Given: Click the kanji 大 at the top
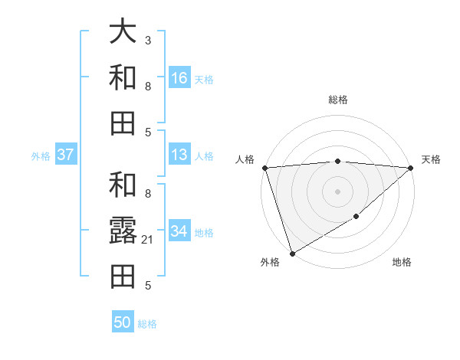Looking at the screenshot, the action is (x=123, y=32).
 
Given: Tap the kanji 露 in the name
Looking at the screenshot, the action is (x=123, y=230).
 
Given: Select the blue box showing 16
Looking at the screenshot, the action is (x=179, y=78).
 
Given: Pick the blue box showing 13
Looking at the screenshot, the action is (x=179, y=155).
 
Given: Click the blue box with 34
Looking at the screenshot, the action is (x=179, y=231).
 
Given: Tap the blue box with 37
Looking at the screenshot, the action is (x=65, y=155).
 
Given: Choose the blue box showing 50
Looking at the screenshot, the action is (x=123, y=322).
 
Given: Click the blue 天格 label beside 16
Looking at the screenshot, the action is (x=203, y=80).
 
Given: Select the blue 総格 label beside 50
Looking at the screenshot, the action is (x=147, y=324).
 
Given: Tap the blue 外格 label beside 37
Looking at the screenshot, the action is (x=41, y=156).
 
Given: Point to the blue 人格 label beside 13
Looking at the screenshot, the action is (x=203, y=156).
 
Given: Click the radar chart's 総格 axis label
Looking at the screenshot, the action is (x=337, y=100).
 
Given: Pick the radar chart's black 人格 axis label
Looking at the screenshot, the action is (x=245, y=159).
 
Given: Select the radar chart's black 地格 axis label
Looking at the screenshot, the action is (x=402, y=263).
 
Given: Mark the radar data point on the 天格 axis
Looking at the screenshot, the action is (x=412, y=168).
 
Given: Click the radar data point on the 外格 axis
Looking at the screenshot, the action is (x=292, y=254).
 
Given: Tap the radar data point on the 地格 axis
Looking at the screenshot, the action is (x=356, y=218).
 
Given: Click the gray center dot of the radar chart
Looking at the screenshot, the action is (x=337, y=191).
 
